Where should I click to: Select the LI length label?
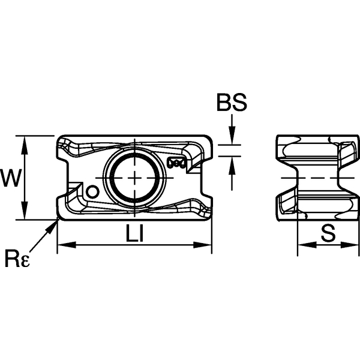pyautogui.click(x=134, y=233)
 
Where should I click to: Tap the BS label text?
pyautogui.click(x=232, y=104)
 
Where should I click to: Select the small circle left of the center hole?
pyautogui.click(x=92, y=191)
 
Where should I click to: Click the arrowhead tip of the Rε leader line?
pyautogui.click(x=56, y=221)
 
